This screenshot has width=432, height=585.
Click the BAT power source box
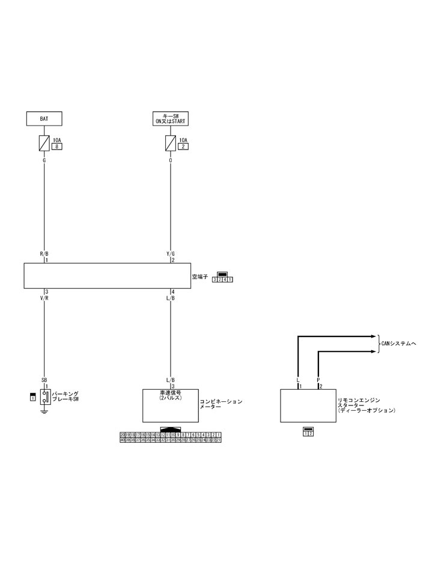tap(44, 118)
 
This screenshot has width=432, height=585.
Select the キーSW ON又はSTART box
tap(171, 118)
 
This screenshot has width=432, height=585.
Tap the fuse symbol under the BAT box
tap(44, 143)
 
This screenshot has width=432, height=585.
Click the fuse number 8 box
tap(57, 146)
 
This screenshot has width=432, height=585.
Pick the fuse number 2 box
tap(183, 146)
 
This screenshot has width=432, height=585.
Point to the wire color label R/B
tap(44, 254)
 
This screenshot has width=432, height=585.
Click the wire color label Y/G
tap(171, 254)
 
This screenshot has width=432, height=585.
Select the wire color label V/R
tap(44, 298)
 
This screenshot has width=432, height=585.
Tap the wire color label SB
tap(44, 380)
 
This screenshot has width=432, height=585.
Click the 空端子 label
tap(199, 277)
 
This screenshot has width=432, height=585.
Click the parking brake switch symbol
tap(44, 397)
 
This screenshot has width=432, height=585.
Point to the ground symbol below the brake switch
tap(44, 411)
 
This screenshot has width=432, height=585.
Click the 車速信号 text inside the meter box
tap(171, 395)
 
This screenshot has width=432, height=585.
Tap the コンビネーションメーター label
tap(221, 404)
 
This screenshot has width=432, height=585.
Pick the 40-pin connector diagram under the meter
tap(171, 437)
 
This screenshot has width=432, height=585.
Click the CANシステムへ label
tap(398, 343)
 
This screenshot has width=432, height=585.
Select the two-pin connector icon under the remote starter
tap(308, 432)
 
